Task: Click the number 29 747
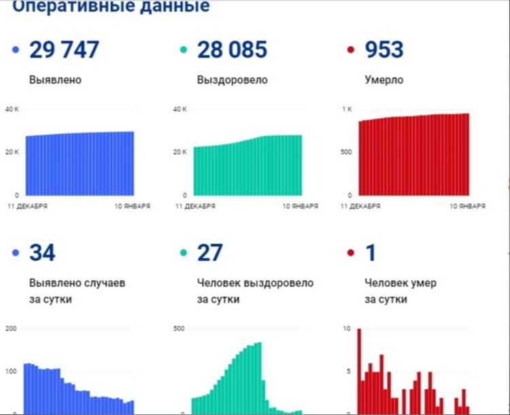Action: point(64,50)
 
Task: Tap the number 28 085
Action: point(232,50)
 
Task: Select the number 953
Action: point(384,50)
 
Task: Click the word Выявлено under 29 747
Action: point(55,80)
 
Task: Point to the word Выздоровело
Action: point(232,80)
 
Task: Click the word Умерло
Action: point(384,80)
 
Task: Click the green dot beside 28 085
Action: point(184,50)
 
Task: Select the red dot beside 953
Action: point(351,50)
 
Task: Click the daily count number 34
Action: point(42,253)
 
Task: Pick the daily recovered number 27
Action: point(209,253)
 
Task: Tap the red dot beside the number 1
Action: point(351,253)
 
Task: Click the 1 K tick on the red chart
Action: point(346,109)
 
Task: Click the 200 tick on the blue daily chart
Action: point(11,329)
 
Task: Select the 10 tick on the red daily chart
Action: point(347,329)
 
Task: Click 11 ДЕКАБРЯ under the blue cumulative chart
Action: point(28,205)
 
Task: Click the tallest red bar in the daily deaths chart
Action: point(359,370)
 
